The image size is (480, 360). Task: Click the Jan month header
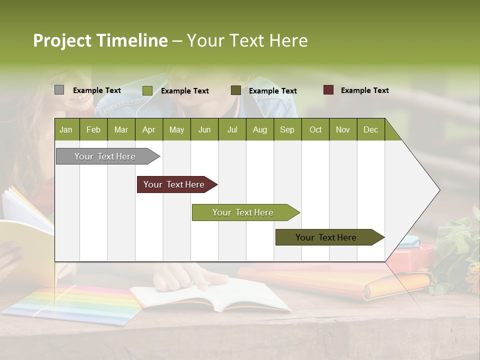pos(66,129)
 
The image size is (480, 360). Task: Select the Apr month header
pos(148,129)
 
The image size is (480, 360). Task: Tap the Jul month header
pos(232,129)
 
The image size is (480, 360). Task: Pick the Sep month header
pos(287,129)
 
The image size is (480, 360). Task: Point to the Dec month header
pos(370,129)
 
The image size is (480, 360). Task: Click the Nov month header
pos(342,129)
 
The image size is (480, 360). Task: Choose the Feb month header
pos(93,129)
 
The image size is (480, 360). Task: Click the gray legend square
pos(59,90)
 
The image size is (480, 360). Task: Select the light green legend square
pos(147,90)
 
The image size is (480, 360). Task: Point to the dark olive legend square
pos(235,90)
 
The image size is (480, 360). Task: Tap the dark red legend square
pos(328,90)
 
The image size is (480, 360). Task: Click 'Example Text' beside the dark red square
pos(364,90)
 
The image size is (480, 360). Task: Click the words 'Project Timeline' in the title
pos(100,40)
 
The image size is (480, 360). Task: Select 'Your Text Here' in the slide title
pos(247,40)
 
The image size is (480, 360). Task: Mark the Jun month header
pos(204,129)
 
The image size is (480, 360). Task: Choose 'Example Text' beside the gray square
pos(96,90)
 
